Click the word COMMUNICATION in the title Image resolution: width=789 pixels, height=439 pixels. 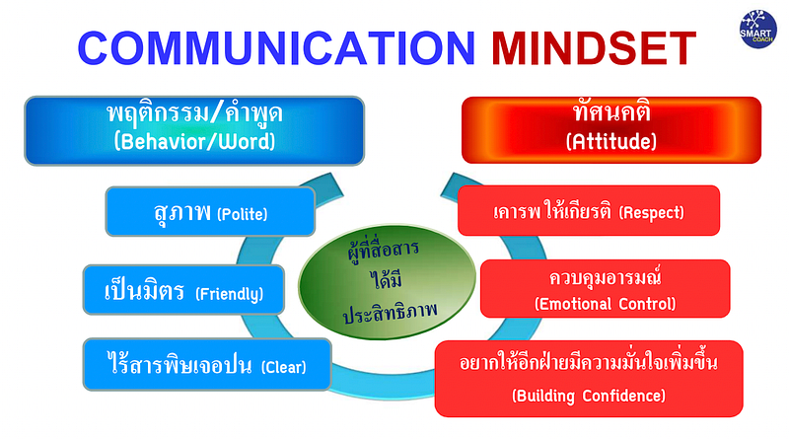point(276,48)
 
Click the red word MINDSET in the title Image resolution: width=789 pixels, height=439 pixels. point(594,48)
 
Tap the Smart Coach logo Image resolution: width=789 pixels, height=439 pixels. point(757,30)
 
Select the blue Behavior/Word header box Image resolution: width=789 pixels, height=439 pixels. point(194,130)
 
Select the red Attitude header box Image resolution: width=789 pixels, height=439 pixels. point(611,130)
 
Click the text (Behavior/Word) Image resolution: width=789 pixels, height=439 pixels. point(194,141)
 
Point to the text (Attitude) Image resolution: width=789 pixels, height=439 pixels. point(611,141)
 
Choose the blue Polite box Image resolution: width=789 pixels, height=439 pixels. point(210,211)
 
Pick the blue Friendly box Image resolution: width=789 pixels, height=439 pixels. point(183,290)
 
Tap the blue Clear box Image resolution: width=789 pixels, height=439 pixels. point(207,364)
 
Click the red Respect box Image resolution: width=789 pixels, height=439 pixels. point(589,210)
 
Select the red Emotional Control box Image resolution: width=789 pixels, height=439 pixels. point(606,288)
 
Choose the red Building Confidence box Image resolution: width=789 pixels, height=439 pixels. point(589,379)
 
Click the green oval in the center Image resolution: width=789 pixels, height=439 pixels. point(387,282)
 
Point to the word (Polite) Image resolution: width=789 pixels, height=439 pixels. point(242,215)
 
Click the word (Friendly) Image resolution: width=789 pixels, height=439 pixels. point(230,294)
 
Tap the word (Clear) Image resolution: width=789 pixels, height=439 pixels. point(283,367)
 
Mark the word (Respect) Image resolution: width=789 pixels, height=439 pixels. point(651,213)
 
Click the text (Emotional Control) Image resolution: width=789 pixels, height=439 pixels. point(606,304)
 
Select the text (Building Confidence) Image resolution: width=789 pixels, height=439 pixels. point(589,396)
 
